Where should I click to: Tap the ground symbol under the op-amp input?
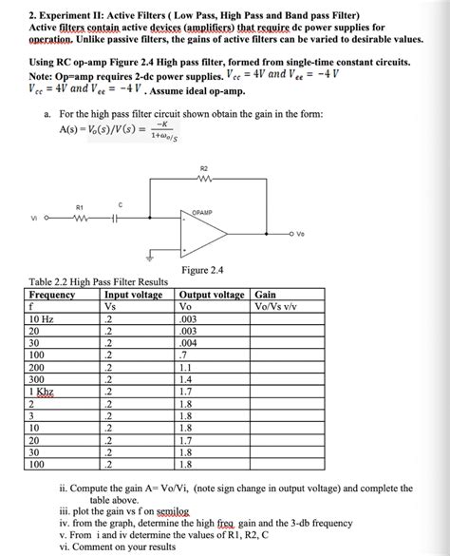click(149, 256)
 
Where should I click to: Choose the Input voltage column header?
click(135, 295)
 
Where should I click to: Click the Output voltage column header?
click(211, 295)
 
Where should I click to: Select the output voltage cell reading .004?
click(189, 343)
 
